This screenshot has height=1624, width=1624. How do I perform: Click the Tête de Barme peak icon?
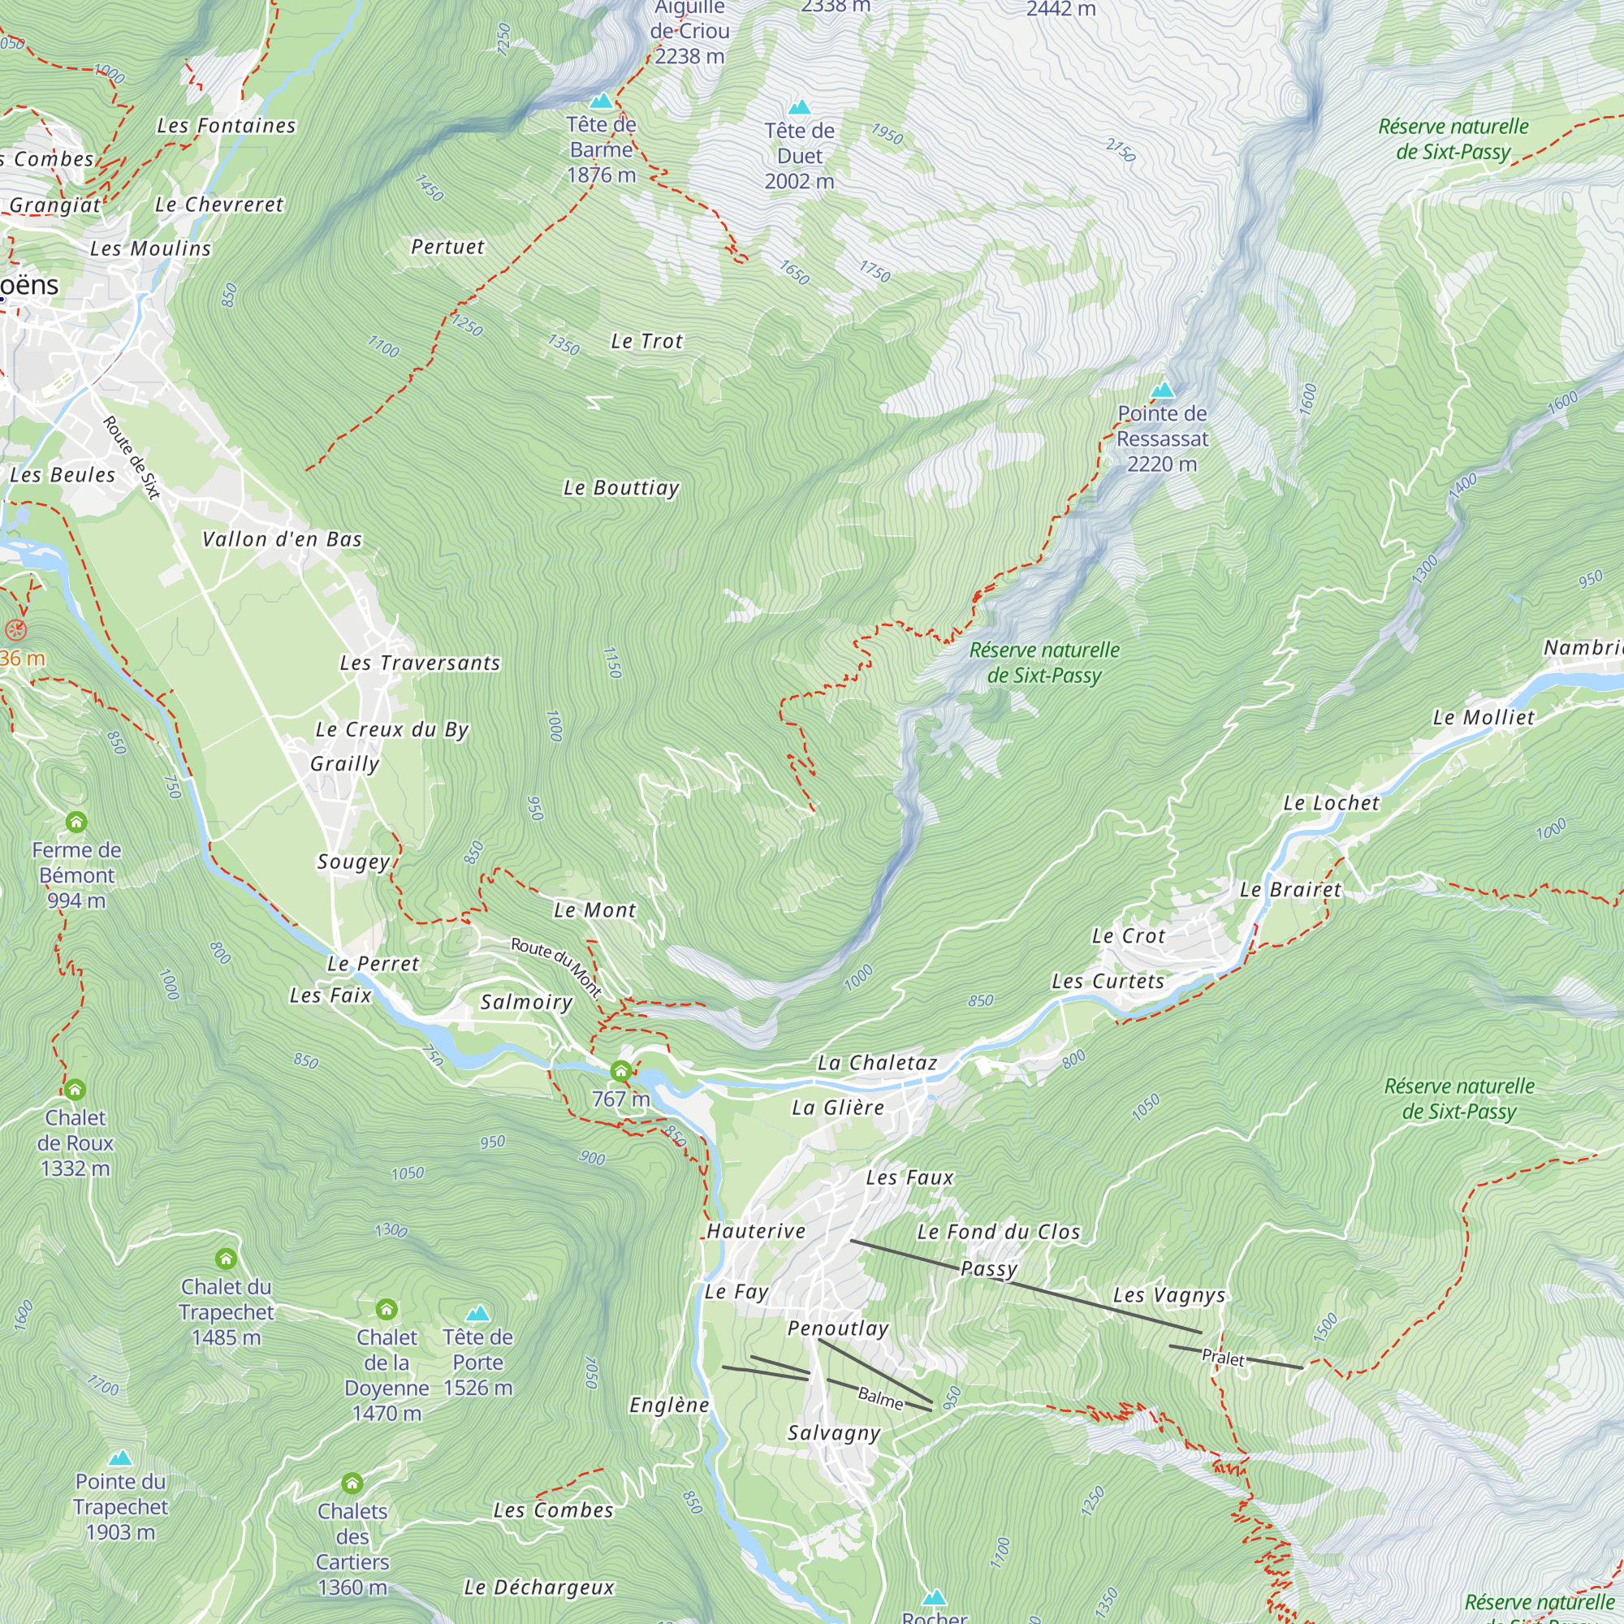601,101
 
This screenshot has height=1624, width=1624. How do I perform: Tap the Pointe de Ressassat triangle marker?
1163,390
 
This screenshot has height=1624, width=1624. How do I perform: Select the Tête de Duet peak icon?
799,108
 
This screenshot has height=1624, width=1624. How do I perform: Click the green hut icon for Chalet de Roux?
75,1091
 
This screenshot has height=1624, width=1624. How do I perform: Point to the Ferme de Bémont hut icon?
76,822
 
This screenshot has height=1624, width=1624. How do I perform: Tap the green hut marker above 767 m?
621,1071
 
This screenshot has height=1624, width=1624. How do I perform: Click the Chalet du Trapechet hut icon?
225,1259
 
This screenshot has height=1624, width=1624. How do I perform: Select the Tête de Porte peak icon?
477,1313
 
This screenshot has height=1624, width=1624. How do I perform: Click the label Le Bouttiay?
621,488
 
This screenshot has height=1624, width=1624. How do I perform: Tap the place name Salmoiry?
527,1002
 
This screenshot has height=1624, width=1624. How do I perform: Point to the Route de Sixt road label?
132,458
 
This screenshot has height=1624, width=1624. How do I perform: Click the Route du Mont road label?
556,966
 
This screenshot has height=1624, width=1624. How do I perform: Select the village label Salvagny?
834,1433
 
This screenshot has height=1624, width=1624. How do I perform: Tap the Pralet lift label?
1222,1358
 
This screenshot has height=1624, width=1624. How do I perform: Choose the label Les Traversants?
421,663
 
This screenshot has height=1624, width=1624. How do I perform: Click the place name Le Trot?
647,341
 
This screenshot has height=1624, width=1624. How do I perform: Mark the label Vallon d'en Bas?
283,540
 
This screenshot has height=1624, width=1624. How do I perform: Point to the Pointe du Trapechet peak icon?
121,1458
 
